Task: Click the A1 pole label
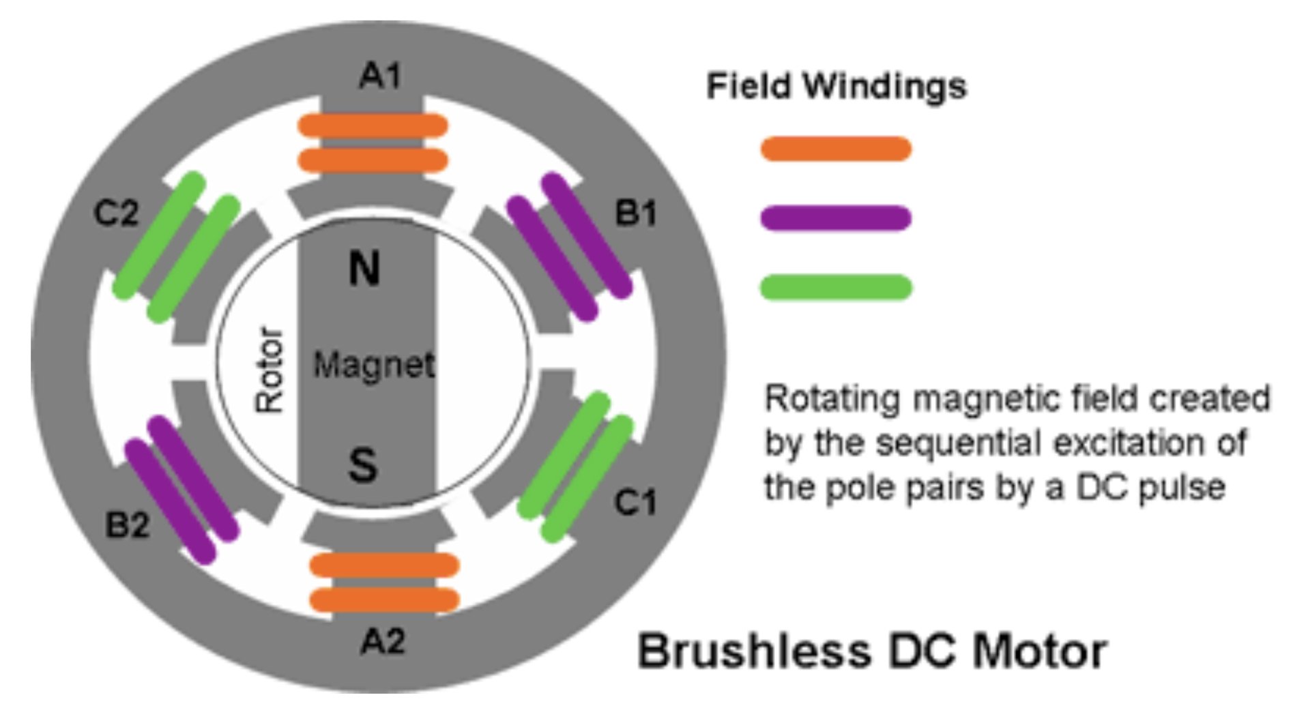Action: pyautogui.click(x=381, y=75)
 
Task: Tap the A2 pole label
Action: pyautogui.click(x=383, y=641)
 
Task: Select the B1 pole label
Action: pyautogui.click(x=635, y=213)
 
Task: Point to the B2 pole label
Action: pyautogui.click(x=128, y=525)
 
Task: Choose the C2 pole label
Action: pyautogui.click(x=116, y=213)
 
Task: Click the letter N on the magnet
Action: pyautogui.click(x=364, y=268)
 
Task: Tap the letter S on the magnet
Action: pyautogui.click(x=362, y=465)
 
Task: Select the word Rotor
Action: pyautogui.click(x=269, y=370)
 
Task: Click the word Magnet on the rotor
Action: pyautogui.click(x=373, y=365)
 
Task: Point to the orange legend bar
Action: pyautogui.click(x=836, y=149)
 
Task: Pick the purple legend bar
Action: pyautogui.click(x=836, y=218)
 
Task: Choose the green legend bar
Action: pyautogui.click(x=836, y=287)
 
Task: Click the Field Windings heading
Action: pyautogui.click(x=836, y=87)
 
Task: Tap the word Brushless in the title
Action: pyautogui.click(x=754, y=651)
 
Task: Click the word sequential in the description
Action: pyautogui.click(x=960, y=443)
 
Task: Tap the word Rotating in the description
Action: pyautogui.click(x=832, y=399)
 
